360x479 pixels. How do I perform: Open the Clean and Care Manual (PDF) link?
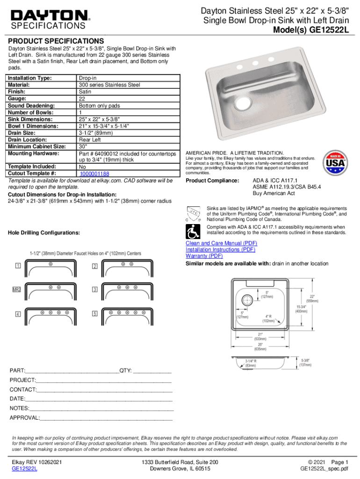(x=221, y=243)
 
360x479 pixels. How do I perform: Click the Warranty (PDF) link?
(x=204, y=256)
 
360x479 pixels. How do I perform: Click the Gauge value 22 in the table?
(x=82, y=99)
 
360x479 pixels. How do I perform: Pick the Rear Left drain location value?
(x=90, y=139)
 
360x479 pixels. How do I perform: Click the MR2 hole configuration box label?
(x=17, y=290)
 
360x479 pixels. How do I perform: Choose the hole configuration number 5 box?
(x=94, y=313)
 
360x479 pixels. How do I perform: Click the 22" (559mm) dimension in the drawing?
(x=312, y=298)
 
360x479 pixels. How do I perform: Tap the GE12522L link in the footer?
(x=24, y=469)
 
